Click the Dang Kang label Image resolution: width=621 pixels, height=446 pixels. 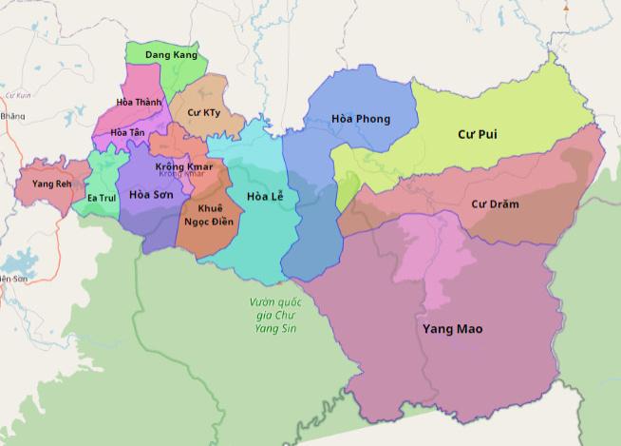[164, 56]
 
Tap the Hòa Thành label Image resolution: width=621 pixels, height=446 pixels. [139, 102]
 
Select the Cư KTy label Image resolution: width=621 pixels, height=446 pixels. [203, 113]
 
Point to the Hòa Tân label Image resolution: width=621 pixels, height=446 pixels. [127, 132]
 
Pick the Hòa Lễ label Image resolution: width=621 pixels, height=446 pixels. [266, 197]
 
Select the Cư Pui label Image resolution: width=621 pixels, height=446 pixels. [478, 135]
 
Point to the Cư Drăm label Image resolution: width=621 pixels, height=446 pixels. [495, 204]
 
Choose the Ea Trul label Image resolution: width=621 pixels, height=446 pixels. [100, 198]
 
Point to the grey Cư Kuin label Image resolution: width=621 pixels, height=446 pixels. [18, 96]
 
